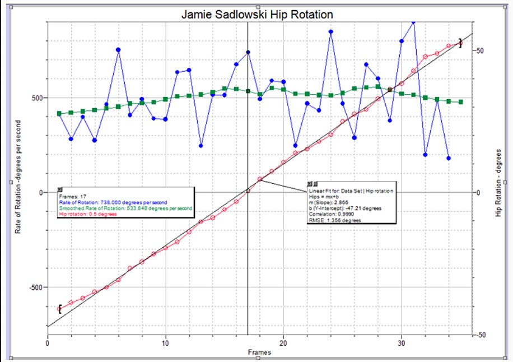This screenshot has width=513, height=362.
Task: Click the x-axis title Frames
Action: point(259,352)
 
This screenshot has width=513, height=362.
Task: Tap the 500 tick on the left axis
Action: point(38,98)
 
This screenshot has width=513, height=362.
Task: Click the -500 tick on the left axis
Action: point(36,287)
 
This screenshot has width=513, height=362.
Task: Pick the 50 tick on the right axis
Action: point(480,50)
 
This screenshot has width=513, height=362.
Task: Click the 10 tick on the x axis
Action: point(166,344)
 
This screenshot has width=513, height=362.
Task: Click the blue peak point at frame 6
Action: point(118,50)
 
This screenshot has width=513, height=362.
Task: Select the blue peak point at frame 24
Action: point(331,32)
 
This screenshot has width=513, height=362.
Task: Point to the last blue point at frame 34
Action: point(449,159)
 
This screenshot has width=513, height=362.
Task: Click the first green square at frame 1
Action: point(59,114)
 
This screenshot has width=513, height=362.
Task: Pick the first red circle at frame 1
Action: point(59,309)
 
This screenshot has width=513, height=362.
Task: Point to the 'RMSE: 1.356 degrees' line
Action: point(335,220)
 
